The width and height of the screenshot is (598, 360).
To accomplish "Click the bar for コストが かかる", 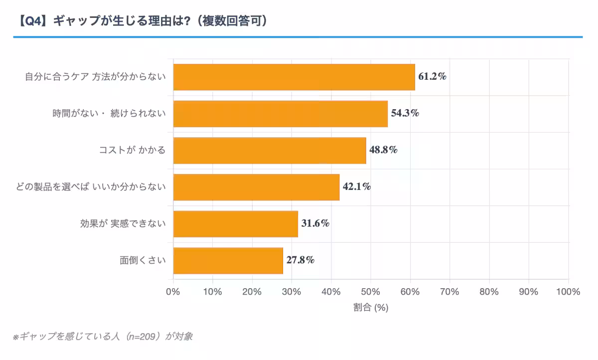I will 270,151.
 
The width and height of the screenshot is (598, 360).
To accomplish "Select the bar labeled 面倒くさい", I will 228,260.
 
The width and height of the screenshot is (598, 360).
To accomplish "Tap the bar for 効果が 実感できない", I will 235,224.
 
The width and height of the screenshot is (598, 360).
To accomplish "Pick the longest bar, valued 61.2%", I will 294,77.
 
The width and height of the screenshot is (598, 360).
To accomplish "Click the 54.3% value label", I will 405,113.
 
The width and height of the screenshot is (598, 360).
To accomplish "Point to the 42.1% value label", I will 357,187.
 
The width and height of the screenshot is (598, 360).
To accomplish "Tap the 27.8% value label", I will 300,260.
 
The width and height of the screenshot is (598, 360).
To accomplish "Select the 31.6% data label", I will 315,223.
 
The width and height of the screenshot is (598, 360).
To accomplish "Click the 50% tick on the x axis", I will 371,292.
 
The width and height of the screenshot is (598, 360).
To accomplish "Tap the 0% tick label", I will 173,292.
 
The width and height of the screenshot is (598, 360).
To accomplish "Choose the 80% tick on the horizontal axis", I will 489,292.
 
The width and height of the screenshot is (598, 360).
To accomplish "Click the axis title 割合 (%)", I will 371,308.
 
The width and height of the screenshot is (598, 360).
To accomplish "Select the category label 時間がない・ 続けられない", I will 109,114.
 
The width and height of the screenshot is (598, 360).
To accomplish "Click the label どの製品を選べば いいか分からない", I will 91,187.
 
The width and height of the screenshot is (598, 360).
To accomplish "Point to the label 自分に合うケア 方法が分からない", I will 95,77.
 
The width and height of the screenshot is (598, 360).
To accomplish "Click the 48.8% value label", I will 383,150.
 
